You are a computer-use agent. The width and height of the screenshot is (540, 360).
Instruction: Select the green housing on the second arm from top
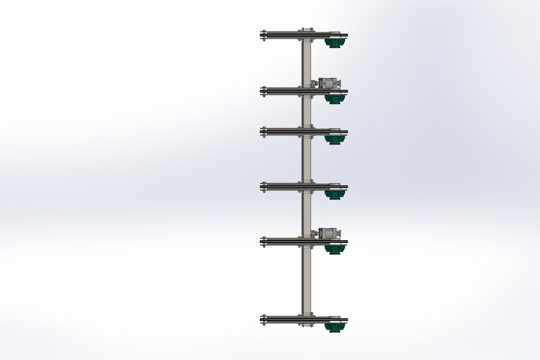click(335, 98)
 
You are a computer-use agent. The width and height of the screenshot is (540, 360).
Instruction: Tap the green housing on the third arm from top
click(335, 139)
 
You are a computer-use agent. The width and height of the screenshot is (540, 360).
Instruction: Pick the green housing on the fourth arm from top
click(335, 193)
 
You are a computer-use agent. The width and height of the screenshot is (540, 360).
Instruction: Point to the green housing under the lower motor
click(335, 248)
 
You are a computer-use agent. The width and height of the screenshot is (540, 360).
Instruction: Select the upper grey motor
click(330, 84)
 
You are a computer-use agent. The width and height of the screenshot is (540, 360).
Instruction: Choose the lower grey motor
click(328, 233)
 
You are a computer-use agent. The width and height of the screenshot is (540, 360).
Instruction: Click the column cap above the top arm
click(307, 29)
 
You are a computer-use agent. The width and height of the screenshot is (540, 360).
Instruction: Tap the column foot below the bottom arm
click(307, 325)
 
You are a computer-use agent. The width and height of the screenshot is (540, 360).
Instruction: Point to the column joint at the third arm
click(307, 132)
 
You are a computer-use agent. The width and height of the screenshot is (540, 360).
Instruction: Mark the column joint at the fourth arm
click(307, 186)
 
